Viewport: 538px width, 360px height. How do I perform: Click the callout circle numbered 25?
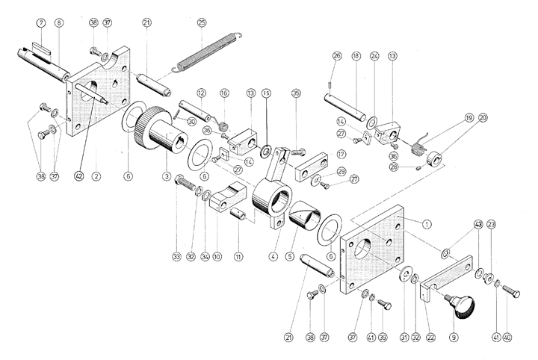coord(201,23)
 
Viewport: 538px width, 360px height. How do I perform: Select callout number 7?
coord(40,23)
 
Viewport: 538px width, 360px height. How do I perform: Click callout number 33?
coord(176,257)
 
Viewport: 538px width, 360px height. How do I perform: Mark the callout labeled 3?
coord(166,176)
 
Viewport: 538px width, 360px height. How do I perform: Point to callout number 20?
coord(482,117)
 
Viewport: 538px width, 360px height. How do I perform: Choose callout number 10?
coord(217,257)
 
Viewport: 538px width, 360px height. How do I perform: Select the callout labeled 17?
coord(341,155)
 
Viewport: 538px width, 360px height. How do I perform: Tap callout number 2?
coord(96,176)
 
